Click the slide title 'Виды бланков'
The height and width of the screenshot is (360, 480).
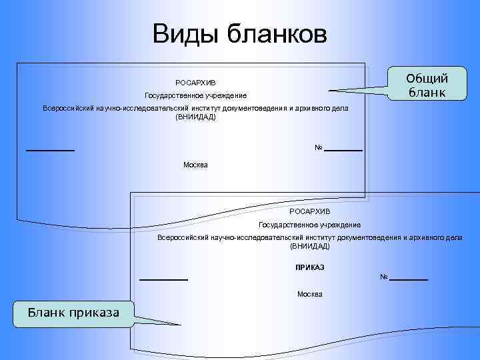pyautogui.click(x=239, y=33)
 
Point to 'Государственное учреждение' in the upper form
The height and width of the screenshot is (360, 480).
pyautogui.click(x=195, y=96)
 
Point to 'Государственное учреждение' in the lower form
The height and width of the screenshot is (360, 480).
pyautogui.click(x=309, y=225)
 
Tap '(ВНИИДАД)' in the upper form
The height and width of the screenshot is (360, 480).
pyautogui.click(x=195, y=117)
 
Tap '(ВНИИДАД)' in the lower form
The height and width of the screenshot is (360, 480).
pyautogui.click(x=309, y=246)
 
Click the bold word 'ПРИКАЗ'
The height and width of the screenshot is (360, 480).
pyautogui.click(x=309, y=267)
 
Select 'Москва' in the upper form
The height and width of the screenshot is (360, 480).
pyautogui.click(x=195, y=164)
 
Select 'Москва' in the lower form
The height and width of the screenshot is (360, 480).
pyautogui.click(x=309, y=294)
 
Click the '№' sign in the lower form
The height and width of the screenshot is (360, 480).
pyautogui.click(x=384, y=277)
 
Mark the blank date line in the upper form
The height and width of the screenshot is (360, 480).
pyautogui.click(x=50, y=150)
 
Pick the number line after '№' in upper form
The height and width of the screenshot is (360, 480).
pyautogui.click(x=344, y=150)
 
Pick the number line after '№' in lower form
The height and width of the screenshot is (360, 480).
pyautogui.click(x=409, y=279)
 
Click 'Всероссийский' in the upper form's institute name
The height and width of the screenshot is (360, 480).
pyautogui.click(x=66, y=108)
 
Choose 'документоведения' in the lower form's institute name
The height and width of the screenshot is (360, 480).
pyautogui.click(x=369, y=237)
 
